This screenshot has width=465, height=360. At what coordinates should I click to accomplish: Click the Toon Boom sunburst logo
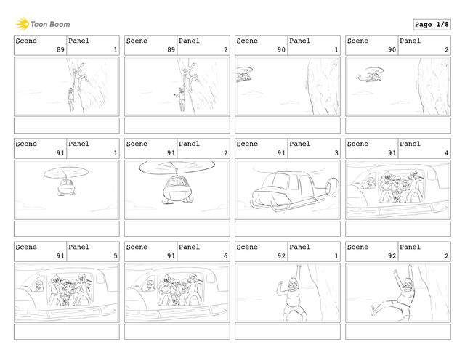pyautogui.click(x=23, y=24)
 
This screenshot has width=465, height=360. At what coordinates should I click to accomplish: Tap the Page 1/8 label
pyautogui.click(x=432, y=25)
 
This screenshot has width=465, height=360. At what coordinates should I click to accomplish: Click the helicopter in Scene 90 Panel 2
pyautogui.click(x=370, y=75)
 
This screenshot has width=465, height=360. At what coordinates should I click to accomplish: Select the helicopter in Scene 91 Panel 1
pyautogui.click(x=66, y=181)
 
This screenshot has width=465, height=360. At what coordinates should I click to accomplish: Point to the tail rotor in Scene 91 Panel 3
pyautogui.click(x=332, y=187)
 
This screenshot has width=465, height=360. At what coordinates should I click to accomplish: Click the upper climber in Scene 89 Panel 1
pyautogui.click(x=78, y=76)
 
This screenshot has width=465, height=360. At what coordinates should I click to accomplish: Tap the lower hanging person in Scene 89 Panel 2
pyautogui.click(x=181, y=99)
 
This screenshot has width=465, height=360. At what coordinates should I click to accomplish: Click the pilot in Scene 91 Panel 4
pyautogui.click(x=370, y=182)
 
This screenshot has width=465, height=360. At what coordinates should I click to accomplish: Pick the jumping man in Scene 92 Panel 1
pyautogui.click(x=292, y=292)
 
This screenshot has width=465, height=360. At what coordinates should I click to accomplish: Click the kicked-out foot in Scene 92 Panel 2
pyautogui.click(x=373, y=310)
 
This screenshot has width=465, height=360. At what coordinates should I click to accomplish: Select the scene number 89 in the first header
pyautogui.click(x=60, y=49)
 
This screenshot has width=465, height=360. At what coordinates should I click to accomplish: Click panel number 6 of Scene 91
pyautogui.click(x=226, y=255)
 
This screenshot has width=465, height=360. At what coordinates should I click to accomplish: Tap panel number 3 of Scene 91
pyautogui.click(x=336, y=152)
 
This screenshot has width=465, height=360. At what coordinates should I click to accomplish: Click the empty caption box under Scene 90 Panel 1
pyautogui.click(x=288, y=126)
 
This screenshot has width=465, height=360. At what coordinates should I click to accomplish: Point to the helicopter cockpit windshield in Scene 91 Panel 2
pyautogui.click(x=177, y=181)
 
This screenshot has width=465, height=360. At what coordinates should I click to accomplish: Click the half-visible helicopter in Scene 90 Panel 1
pyautogui.click(x=244, y=74)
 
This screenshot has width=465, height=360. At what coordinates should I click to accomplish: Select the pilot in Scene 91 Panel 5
pyautogui.click(x=38, y=286)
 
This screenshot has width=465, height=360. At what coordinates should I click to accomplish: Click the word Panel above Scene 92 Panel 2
pyautogui.click(x=410, y=247)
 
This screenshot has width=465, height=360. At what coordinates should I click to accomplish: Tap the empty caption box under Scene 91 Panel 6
pyautogui.click(x=177, y=332)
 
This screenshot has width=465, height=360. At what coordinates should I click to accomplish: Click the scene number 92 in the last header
pyautogui.click(x=392, y=255)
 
